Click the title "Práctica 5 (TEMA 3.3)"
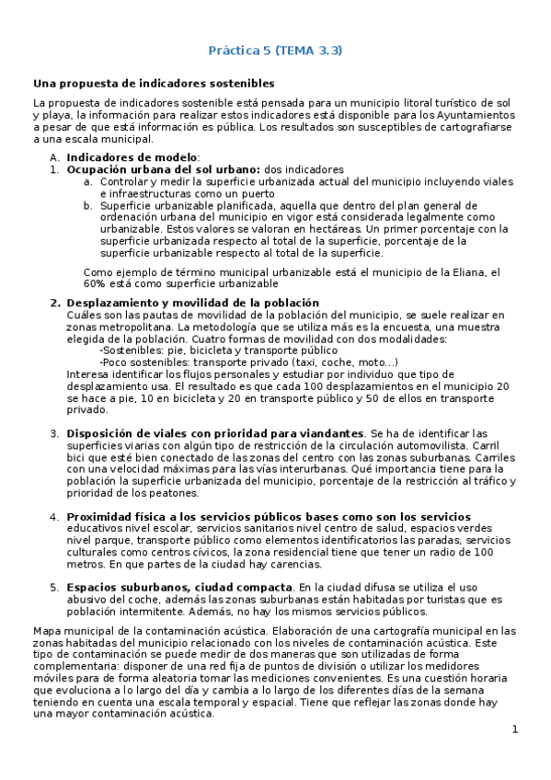275,50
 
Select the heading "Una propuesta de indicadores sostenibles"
154,83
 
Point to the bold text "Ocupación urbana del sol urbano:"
164,170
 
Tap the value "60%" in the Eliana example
98,284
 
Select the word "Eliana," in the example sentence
480,272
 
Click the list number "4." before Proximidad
54,517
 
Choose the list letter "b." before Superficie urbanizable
88,205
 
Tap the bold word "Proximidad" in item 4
102,517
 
